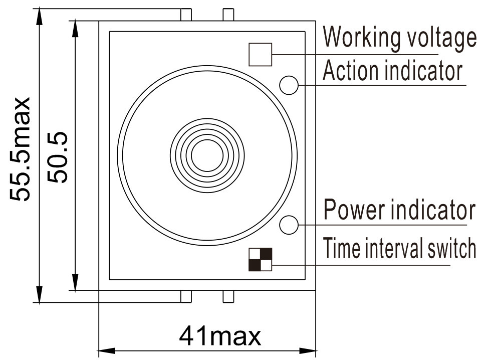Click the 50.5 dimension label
pyautogui.click(x=57, y=157)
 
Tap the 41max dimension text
pyautogui.click(x=220, y=336)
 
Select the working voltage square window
pyautogui.click(x=261, y=55)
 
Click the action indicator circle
pyautogui.click(x=289, y=85)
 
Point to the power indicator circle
pyautogui.click(x=289, y=225)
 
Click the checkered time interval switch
pyautogui.click(x=261, y=259)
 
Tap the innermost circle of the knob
pyautogui.click(x=207, y=155)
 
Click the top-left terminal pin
pyautogui.click(x=186, y=15)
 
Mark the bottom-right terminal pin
pyautogui.click(x=228, y=296)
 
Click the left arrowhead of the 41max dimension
pyautogui.click(x=106, y=351)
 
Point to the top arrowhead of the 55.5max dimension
pyautogui.click(x=39, y=17)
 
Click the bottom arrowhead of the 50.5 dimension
pyautogui.click(x=75, y=282)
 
